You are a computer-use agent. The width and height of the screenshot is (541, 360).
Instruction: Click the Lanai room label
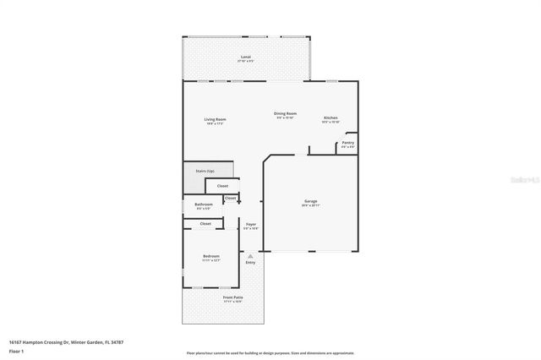(245, 57)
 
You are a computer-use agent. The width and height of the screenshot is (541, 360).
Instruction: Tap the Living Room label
(215, 119)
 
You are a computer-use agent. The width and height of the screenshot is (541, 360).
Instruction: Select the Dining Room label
(285, 113)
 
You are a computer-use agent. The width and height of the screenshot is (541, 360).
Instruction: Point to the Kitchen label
(331, 117)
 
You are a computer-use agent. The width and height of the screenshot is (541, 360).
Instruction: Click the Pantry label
(347, 143)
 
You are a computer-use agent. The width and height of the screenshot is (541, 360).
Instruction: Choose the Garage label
(310, 201)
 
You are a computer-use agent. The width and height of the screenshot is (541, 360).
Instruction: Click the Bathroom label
(204, 205)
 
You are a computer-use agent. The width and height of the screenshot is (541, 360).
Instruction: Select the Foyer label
(251, 224)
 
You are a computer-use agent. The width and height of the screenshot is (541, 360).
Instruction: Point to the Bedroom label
(210, 256)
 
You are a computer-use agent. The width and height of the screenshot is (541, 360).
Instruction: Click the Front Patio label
(232, 297)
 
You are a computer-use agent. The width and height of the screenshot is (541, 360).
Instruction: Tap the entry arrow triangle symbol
(250, 255)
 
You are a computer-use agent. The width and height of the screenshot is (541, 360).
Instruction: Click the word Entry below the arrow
(250, 263)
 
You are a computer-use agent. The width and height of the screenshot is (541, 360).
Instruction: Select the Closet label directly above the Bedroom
(205, 224)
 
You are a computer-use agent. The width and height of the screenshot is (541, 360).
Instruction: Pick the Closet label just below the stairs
(222, 186)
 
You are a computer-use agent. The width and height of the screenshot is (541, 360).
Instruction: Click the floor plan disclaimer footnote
(270, 353)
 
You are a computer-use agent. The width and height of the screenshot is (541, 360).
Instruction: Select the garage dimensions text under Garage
(310, 205)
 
